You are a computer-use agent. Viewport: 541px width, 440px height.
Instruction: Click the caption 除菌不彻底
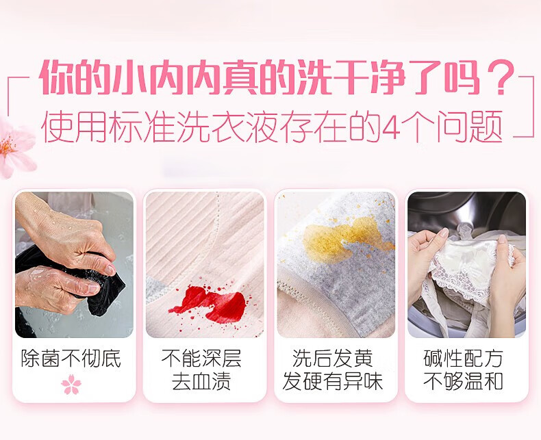tap(71, 358)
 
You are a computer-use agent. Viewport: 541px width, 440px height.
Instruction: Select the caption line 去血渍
tap(201, 381)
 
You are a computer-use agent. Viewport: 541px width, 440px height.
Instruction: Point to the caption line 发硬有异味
tap(333, 381)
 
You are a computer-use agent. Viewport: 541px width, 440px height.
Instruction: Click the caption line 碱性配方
tap(463, 358)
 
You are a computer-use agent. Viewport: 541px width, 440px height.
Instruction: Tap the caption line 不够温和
tap(463, 381)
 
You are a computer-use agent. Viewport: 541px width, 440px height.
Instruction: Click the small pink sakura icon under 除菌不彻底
tap(71, 384)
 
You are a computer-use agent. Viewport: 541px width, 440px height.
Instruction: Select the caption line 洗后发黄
tap(333, 358)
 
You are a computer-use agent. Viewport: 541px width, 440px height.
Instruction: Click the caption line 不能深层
tap(201, 358)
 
